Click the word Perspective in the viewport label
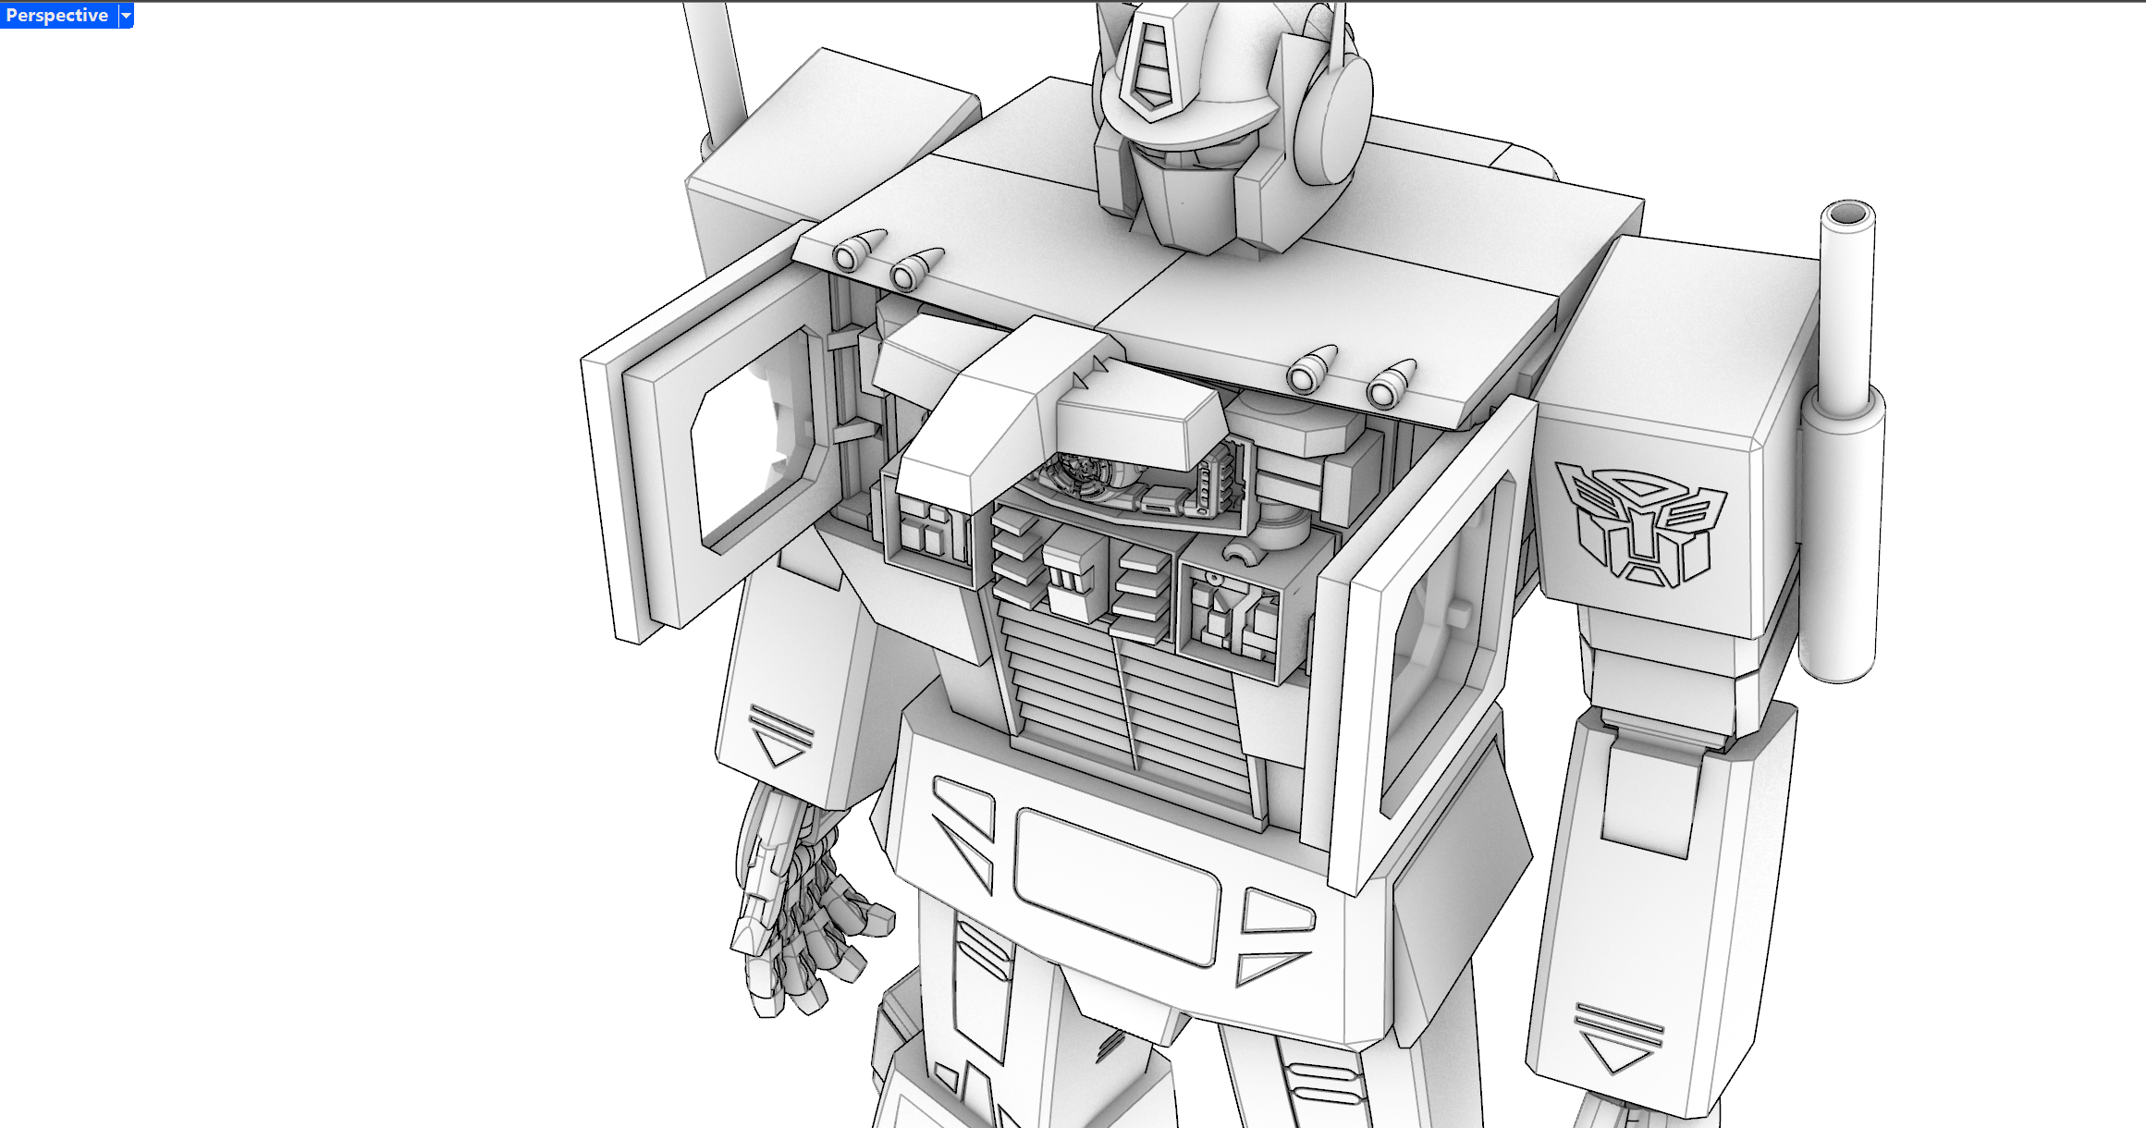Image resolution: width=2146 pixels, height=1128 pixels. click(x=56, y=15)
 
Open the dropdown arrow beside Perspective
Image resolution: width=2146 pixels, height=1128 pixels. click(x=127, y=16)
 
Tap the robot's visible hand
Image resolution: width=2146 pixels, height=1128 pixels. click(x=800, y=906)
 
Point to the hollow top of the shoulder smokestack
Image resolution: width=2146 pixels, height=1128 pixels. click(x=1847, y=215)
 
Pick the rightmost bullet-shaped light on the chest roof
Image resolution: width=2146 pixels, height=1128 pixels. click(x=1391, y=385)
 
